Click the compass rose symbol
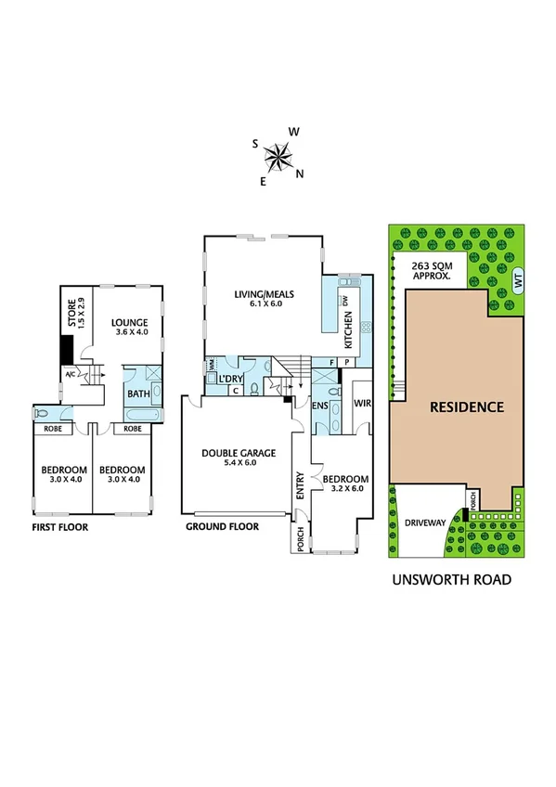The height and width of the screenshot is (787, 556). click(x=278, y=159)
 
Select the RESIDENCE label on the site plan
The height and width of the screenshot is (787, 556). click(x=466, y=406)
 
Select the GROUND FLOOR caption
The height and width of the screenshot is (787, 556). click(x=222, y=526)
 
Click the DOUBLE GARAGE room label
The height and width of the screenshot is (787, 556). click(x=239, y=457)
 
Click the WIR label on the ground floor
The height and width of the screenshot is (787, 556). click(x=362, y=403)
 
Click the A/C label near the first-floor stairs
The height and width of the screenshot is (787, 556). click(x=70, y=374)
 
